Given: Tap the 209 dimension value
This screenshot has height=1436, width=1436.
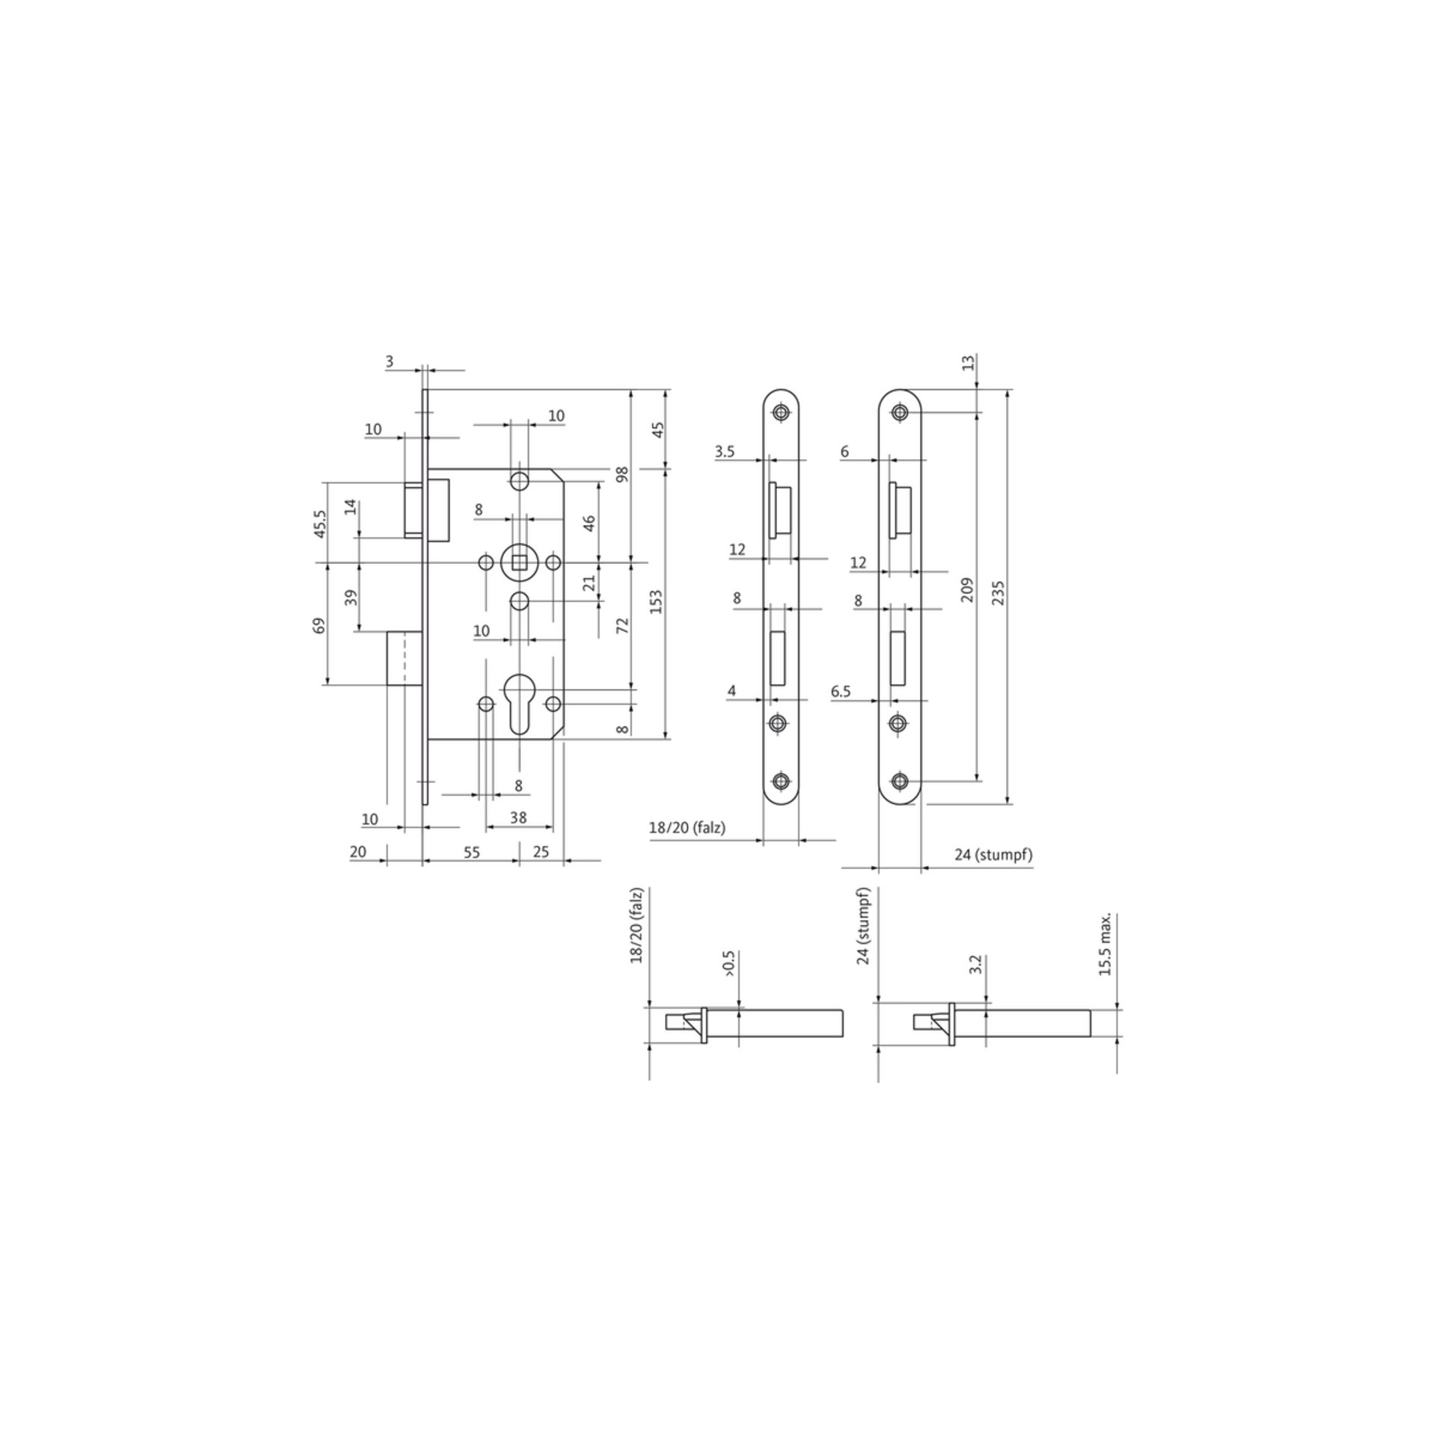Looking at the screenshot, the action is pos(967,590).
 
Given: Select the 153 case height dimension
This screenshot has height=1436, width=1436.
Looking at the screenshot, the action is pos(656,602).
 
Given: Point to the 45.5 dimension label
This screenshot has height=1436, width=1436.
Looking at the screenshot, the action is pos(320,524).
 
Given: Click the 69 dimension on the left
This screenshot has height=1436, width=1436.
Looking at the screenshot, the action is pos(319,625).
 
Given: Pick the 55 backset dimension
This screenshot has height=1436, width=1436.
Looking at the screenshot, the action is pos(471,852).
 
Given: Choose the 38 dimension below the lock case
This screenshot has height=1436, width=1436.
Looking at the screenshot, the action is pos(518,817).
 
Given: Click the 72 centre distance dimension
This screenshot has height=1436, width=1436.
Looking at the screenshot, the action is pos(623,625).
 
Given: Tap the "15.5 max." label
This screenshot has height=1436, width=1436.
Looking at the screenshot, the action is pos(1105,945).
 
